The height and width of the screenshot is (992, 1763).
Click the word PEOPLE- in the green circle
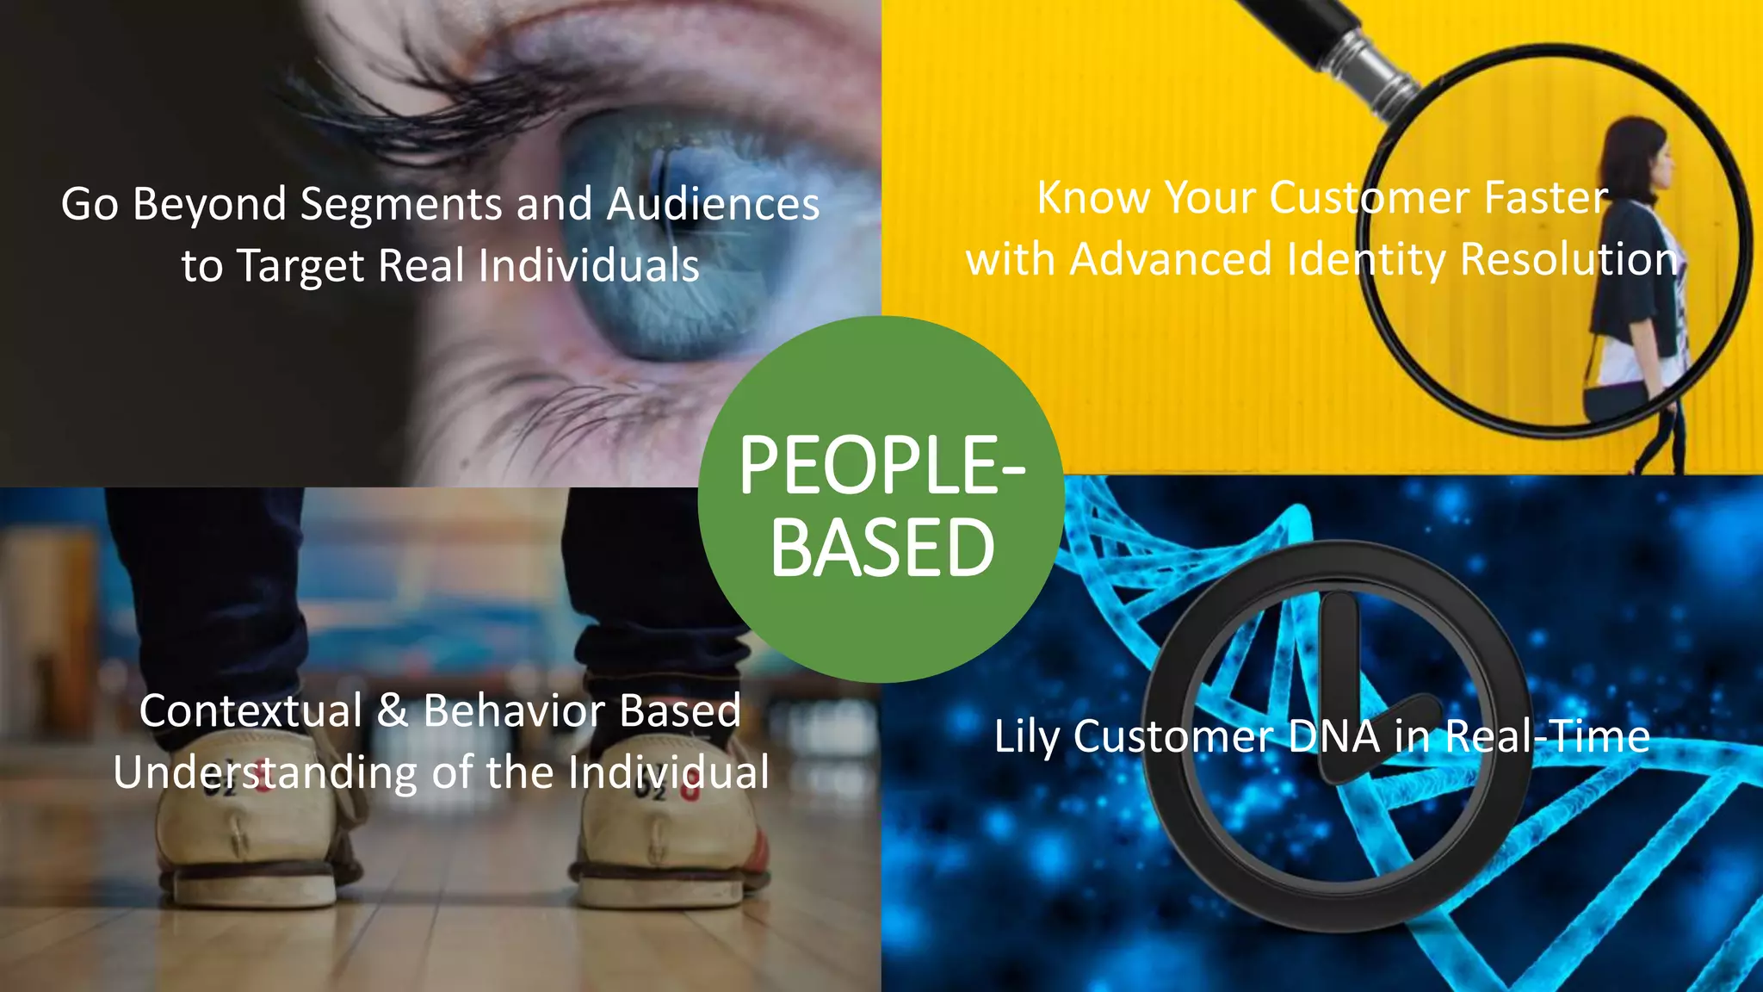pos(882,466)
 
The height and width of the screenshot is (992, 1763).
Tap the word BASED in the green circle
pos(882,549)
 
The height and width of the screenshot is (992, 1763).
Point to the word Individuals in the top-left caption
pos(588,265)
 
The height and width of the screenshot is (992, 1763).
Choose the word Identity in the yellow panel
pos(1366,260)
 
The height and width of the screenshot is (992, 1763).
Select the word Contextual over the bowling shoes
pos(251,711)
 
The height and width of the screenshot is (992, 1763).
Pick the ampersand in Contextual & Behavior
pos(393,711)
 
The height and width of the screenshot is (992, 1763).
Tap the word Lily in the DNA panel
pos(1027,738)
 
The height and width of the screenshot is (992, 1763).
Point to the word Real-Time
pos(1547,736)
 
